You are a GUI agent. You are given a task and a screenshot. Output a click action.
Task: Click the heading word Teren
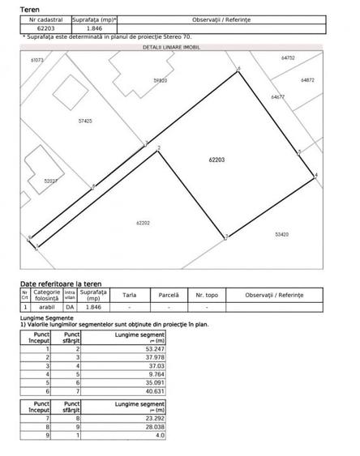click(x=29, y=9)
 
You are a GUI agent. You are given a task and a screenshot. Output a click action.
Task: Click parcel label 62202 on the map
click(x=144, y=221)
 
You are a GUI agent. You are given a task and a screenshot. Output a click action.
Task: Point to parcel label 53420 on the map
click(x=281, y=235)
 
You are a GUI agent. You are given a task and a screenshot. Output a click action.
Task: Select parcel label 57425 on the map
click(x=85, y=121)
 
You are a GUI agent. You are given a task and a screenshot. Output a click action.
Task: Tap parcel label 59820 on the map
click(x=160, y=81)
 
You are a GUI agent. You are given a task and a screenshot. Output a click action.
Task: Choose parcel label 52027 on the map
click(x=51, y=181)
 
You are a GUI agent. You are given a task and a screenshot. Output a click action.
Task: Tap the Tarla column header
click(x=130, y=296)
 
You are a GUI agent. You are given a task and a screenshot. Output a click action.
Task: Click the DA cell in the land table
click(x=69, y=308)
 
